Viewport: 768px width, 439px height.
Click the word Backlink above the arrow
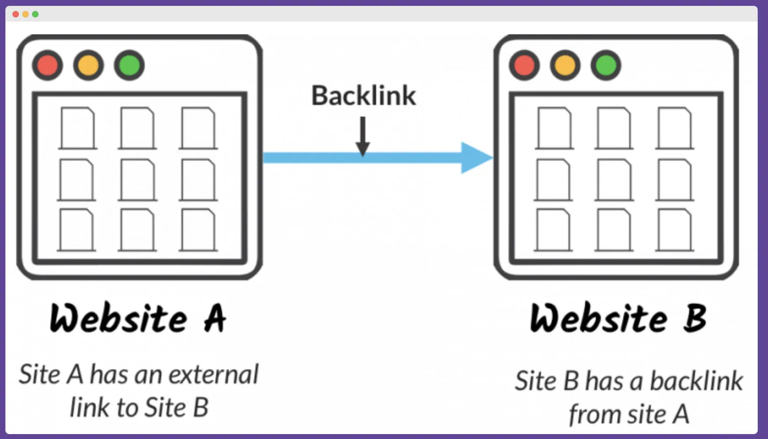tap(363, 96)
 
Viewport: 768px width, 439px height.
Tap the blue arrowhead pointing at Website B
tap(476, 158)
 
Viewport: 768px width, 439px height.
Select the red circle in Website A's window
tap(48, 65)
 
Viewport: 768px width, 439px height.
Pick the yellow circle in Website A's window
tap(88, 65)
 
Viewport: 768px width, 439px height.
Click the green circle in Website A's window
tap(129, 65)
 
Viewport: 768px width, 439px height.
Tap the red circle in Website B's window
tap(524, 65)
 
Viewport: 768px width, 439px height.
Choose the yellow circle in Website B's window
tap(565, 65)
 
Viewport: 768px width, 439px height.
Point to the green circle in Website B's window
tap(606, 65)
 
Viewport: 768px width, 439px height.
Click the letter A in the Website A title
tap(214, 318)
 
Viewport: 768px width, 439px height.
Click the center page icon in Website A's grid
tap(137, 179)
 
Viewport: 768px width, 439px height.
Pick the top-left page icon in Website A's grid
tap(77, 128)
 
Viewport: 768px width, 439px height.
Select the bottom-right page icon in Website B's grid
tap(675, 230)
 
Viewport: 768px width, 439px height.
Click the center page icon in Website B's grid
tap(614, 179)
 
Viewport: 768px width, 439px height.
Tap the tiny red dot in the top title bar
tap(16, 14)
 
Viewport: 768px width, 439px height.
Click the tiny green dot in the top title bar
tap(35, 14)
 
